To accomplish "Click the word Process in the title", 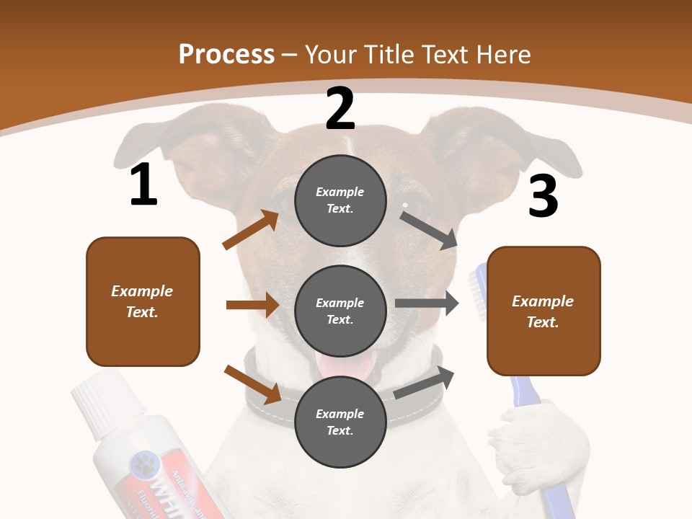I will (226, 55).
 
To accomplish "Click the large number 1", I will (143, 185).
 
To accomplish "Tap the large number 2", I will (340, 109).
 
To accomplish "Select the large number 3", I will (543, 196).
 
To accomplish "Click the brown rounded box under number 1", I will (143, 301).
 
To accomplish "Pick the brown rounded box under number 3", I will (544, 311).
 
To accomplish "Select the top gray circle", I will (340, 200).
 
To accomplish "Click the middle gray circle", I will (340, 311).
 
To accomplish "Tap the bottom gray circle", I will (340, 422).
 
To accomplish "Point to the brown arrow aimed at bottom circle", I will (253, 383).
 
